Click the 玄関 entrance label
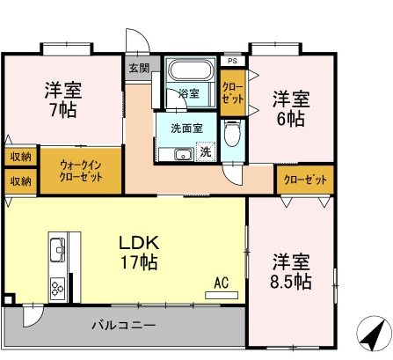tap(139, 68)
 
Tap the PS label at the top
tap(231, 61)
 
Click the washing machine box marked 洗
tap(204, 151)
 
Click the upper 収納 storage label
tap(20, 157)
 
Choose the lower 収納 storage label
tap(20, 180)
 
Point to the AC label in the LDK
tap(221, 283)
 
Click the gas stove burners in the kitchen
tap(58, 286)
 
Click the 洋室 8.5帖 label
tap(290, 271)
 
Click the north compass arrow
tap(371, 334)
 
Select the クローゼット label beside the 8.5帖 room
tap(305, 180)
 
